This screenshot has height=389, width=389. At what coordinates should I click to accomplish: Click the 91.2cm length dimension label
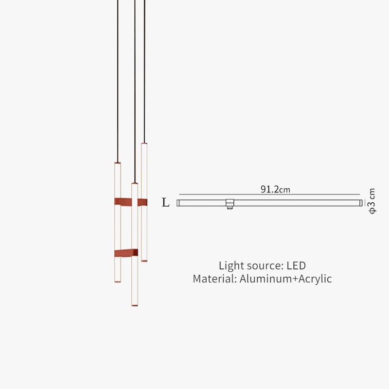coord(275,189)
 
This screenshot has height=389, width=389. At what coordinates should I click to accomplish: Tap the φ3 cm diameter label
coord(372,201)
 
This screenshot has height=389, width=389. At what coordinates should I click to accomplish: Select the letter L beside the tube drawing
coord(166,203)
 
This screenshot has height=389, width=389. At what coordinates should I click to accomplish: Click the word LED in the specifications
coord(296,265)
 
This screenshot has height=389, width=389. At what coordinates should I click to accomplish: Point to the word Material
coord(214,279)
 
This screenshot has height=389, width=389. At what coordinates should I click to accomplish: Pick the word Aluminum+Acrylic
coord(285,279)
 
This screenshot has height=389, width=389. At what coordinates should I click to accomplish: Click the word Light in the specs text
coord(230,265)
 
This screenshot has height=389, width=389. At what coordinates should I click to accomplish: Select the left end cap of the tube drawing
coord(178,203)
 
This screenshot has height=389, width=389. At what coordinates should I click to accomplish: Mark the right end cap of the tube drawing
coord(361,203)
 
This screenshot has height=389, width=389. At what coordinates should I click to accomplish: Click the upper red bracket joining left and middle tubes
coord(123,201)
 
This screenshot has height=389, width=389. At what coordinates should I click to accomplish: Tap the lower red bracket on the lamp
coord(126,253)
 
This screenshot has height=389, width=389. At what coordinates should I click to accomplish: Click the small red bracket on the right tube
coord(142,202)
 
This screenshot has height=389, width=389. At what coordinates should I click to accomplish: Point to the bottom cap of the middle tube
coord(135,305)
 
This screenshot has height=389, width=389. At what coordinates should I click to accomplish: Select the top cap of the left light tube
coord(117,163)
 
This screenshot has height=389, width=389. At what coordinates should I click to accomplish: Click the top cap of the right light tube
coord(144,143)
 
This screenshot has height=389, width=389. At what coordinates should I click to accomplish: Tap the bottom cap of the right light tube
coord(144,261)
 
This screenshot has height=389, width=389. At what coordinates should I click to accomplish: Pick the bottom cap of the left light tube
coord(117,282)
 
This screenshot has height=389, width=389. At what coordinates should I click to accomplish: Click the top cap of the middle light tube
coord(135,183)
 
